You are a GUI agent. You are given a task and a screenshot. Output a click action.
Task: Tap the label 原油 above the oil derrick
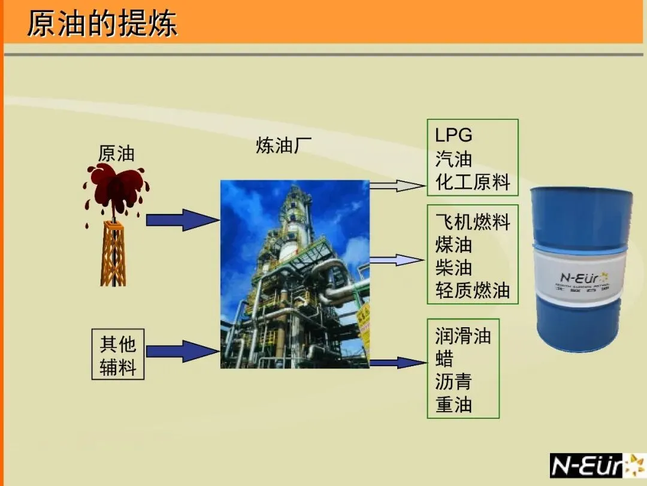coord(116,154)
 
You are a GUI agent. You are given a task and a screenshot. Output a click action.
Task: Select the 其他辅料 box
coord(118,354)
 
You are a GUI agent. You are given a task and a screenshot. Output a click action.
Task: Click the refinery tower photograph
coord(295,274)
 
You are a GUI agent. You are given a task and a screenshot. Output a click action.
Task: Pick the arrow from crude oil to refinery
coord(182,220)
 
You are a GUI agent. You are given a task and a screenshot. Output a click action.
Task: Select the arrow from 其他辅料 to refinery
coord(182,351)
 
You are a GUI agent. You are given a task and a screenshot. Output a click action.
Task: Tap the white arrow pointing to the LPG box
coord(397,185)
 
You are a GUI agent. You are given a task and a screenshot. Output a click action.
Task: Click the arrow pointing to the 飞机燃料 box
coord(397,260)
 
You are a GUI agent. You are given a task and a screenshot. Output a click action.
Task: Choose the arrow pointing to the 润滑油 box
coord(397,363)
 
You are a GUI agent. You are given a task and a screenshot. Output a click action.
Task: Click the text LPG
coord(453,135)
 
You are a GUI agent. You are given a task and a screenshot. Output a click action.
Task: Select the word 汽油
coord(453,159)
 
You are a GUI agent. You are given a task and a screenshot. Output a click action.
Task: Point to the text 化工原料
coord(473,182)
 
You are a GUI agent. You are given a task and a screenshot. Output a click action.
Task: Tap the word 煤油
coord(453,244)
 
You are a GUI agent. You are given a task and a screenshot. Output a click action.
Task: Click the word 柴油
coord(453,267)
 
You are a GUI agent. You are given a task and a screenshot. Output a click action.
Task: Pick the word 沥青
coord(453,382)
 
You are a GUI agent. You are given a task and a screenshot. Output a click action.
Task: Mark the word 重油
coord(453,405)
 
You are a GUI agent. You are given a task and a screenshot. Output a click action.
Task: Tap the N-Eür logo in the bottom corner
coord(597,466)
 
